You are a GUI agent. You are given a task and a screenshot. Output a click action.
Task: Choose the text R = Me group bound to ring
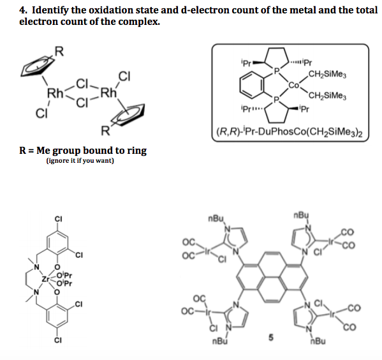pos(83,151)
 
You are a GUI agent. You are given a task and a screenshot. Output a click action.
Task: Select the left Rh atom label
pos(56,96)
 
